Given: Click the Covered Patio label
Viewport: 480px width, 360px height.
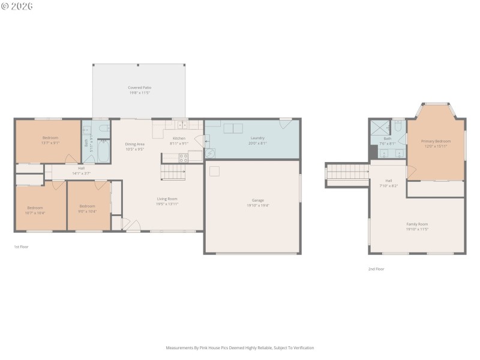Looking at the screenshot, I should [139, 88].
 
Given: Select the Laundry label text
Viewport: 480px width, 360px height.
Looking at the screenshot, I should [257, 138].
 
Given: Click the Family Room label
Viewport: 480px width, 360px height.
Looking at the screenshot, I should [417, 224].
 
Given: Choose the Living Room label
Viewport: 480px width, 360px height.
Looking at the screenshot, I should [167, 199].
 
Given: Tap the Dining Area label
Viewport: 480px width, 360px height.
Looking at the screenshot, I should [135, 144].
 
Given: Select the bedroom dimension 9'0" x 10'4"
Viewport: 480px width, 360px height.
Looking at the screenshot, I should [87, 211].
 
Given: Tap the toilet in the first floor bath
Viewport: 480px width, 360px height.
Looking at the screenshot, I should [103, 128].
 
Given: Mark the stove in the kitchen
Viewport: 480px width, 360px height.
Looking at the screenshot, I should [184, 158].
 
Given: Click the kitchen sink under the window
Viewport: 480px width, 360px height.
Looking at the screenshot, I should [180, 125].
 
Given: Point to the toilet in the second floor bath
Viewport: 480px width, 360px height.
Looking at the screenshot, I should [398, 127].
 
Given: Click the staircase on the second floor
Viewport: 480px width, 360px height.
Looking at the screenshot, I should [347, 172].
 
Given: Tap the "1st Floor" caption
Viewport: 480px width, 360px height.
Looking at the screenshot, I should [21, 247].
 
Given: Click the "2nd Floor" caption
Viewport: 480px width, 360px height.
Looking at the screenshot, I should [376, 269].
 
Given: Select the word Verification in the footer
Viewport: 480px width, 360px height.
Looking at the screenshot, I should [302, 347].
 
